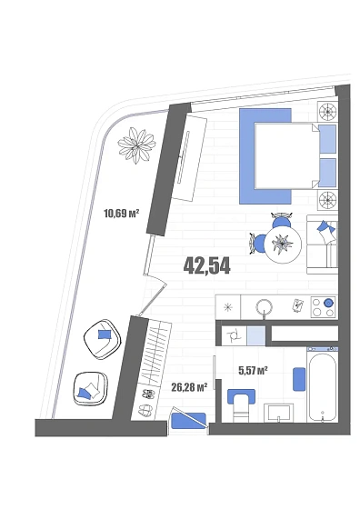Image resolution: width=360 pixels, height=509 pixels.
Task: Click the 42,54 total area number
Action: pos(206,265)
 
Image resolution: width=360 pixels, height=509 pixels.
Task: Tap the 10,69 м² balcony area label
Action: pos(121,214)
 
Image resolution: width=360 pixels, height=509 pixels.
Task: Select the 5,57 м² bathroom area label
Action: pos(253,370)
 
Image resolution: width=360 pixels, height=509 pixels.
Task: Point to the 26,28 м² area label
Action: pos(189,387)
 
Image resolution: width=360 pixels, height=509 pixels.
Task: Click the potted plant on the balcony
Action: pos(136,145)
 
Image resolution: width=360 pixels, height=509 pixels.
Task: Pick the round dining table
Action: pos(283,244)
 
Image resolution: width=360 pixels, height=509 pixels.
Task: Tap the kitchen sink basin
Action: pos(265,306)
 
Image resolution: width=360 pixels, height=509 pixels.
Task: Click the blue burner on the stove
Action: pos(328,303)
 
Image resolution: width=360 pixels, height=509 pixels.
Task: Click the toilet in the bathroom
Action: pos(241,405)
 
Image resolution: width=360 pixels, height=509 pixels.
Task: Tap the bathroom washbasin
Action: pos(278,413)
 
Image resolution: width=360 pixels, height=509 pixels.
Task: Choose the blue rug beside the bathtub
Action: pos(299,379)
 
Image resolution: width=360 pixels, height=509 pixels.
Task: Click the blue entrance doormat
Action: pos(188,420)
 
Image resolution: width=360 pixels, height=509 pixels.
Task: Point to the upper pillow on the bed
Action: pos(327,139)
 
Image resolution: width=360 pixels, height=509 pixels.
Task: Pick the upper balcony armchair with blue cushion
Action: pos(102,338)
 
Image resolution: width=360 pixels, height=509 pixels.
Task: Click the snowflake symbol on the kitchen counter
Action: pos(228,307)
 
